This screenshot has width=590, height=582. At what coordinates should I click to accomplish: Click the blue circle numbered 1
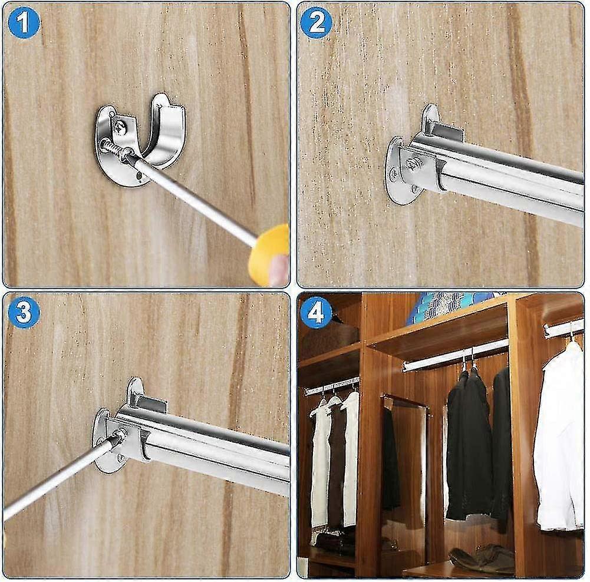[x=24, y=23]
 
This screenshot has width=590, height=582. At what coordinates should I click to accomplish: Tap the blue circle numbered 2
[x=317, y=23]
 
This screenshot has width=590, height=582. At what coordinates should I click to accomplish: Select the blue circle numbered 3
[x=24, y=313]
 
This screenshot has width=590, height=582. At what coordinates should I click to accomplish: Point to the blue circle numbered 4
[x=317, y=313]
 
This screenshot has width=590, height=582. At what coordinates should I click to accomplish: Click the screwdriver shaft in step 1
[x=195, y=200]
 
